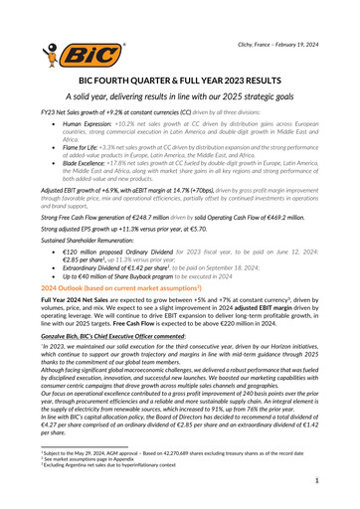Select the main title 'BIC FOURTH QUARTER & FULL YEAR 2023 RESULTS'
pos(179,79)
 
